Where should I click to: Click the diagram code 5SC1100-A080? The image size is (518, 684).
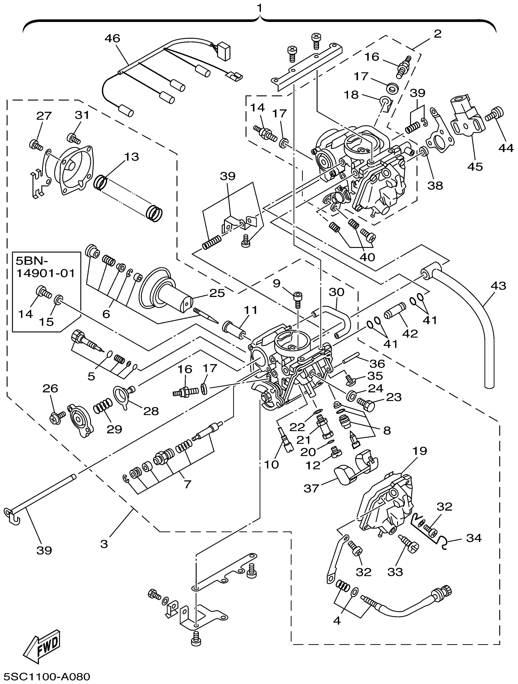46,676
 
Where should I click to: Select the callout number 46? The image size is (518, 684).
112,38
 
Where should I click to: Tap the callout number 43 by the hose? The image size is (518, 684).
498,285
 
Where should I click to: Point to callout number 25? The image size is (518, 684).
217,293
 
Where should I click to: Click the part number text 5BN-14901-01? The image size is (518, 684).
45,268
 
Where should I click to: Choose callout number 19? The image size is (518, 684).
420,451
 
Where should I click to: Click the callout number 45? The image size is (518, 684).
475,166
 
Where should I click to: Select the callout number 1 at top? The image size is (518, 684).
260,7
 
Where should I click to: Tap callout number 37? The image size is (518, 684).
311,488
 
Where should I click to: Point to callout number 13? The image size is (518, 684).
132,157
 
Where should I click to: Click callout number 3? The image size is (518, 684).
104,544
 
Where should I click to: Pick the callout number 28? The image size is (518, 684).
151,411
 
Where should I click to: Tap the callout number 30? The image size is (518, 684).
336,292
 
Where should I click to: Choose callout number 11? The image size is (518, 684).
250,310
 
